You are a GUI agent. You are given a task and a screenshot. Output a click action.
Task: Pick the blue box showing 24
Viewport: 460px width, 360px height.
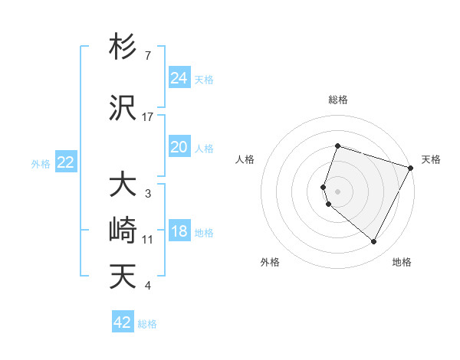[179, 78]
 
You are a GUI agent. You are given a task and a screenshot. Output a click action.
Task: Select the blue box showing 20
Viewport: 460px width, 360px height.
[179, 147]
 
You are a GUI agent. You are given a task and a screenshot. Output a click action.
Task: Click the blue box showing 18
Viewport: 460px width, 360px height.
[179, 231]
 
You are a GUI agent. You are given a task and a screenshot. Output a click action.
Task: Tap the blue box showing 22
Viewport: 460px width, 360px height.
[66, 162]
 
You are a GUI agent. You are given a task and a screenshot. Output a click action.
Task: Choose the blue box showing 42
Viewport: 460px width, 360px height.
[123, 322]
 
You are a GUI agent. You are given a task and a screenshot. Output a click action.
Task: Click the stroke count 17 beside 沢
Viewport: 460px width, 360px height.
[148, 117]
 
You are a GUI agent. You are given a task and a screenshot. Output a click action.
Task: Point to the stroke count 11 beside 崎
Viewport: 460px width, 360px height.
[148, 240]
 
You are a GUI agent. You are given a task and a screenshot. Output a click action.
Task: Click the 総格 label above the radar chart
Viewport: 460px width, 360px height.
[337, 100]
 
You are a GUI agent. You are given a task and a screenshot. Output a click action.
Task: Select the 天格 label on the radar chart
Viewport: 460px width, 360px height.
[431, 159]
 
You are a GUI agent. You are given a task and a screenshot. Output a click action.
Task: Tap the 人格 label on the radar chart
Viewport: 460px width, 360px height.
[245, 159]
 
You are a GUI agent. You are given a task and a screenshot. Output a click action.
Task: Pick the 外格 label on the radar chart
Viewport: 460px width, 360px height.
[270, 262]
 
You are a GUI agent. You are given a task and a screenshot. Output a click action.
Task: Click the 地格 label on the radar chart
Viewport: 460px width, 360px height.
[402, 262]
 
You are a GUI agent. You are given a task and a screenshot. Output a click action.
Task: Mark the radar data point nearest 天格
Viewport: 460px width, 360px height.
[411, 167]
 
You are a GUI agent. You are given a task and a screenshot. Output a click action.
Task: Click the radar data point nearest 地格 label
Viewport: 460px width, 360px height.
[373, 242]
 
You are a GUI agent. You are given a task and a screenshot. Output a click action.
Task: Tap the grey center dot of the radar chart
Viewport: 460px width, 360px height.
[337, 191]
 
